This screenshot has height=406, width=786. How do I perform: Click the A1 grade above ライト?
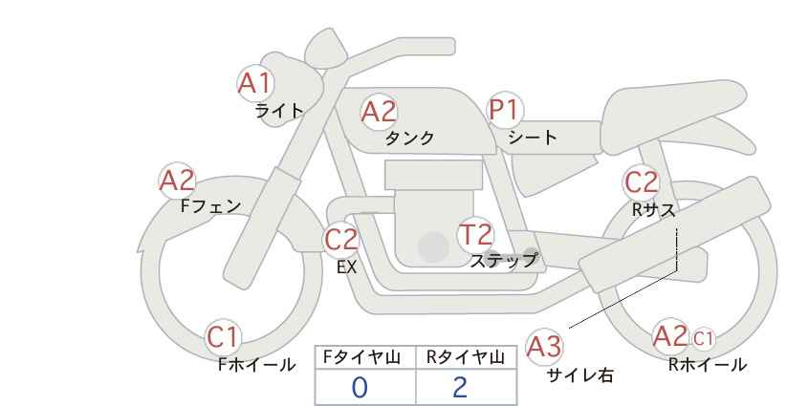(255, 84)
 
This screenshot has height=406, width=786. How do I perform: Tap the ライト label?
(278, 111)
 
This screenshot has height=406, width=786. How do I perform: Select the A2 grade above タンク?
(378, 112)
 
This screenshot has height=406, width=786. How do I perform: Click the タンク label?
(409, 139)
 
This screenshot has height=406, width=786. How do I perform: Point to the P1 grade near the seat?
(503, 111)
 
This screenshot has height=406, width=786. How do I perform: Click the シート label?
(533, 138)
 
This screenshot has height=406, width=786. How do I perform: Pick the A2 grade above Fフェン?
(177, 180)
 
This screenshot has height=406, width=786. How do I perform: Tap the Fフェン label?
(210, 205)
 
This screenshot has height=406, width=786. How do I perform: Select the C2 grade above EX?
(340, 240)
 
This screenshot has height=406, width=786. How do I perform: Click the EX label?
(346, 267)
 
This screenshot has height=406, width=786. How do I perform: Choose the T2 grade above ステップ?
(475, 234)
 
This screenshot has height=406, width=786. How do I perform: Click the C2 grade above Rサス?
(641, 182)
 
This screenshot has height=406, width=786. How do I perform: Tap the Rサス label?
(653, 209)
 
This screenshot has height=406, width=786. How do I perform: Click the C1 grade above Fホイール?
(224, 337)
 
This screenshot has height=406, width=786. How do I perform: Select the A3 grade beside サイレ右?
(545, 347)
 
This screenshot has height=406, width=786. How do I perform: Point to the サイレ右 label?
(580, 375)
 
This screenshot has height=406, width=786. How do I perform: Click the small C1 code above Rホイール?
(704, 337)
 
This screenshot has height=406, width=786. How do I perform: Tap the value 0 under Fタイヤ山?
(360, 387)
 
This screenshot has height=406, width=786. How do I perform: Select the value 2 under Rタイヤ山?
(460, 387)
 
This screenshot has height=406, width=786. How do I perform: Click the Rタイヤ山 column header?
(465, 358)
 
